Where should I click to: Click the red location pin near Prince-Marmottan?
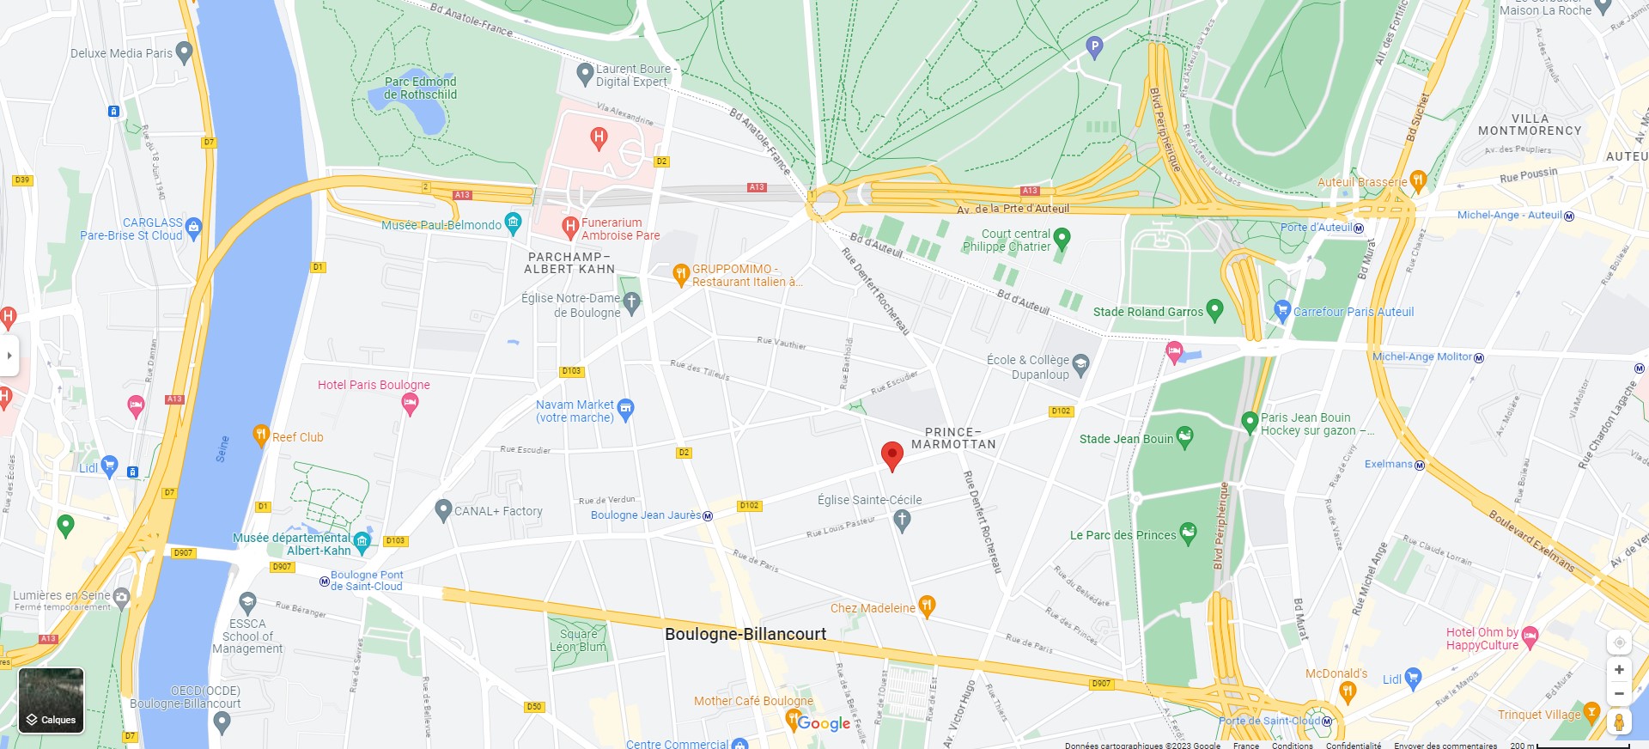click(x=892, y=455)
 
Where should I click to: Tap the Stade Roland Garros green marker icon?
click(x=1214, y=310)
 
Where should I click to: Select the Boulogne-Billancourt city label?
click(x=745, y=634)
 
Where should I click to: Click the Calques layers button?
click(x=52, y=700)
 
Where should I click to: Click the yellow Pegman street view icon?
click(x=1619, y=722)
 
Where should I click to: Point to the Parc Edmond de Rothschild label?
click(x=420, y=88)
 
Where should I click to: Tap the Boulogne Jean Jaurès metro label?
click(x=646, y=515)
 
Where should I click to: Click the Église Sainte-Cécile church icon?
click(x=902, y=519)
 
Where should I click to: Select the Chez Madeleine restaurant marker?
click(x=927, y=606)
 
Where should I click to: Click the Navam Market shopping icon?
click(x=626, y=409)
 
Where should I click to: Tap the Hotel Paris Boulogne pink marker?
click(x=411, y=404)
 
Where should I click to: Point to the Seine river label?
click(x=222, y=449)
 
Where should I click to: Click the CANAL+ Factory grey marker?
click(x=443, y=510)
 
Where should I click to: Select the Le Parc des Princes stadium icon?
click(x=1188, y=533)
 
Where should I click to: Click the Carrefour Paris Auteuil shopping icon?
click(x=1282, y=310)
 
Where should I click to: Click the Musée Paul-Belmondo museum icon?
click(x=514, y=223)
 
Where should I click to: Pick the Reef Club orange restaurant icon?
click(x=261, y=435)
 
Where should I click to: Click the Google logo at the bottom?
click(x=823, y=723)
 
